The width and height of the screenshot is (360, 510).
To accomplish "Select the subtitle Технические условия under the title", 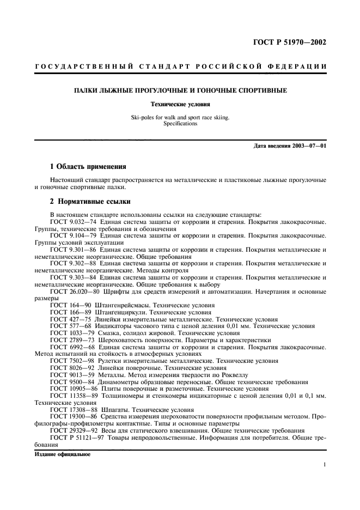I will [180, 103].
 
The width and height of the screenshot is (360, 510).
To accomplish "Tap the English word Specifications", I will [180, 123].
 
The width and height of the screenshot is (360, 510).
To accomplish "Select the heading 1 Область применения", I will [88, 166].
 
